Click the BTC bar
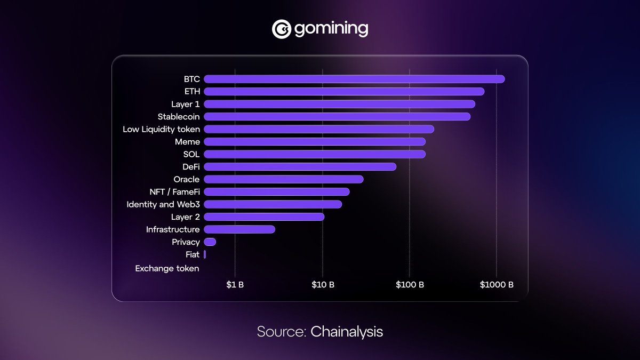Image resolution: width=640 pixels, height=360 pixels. click(x=354, y=79)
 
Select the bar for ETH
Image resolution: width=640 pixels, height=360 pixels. click(x=344, y=92)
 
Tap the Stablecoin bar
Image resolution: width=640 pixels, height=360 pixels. click(x=337, y=116)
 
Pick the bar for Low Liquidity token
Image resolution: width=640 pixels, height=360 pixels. click(x=319, y=129)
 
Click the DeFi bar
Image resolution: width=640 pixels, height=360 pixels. click(x=300, y=167)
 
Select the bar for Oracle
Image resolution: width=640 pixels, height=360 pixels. click(x=283, y=179)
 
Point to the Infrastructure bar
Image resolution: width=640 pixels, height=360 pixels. click(x=239, y=229)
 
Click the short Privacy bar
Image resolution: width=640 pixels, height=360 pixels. click(x=210, y=242)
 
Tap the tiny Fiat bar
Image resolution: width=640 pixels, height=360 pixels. click(x=205, y=254)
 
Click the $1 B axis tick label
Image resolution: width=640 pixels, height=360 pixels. click(x=235, y=285)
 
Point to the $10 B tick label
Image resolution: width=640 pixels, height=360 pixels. click(x=323, y=285)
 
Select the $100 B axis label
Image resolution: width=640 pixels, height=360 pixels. click(x=410, y=285)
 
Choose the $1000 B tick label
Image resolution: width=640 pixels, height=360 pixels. click(x=496, y=285)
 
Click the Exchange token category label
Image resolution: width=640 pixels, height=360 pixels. click(x=167, y=268)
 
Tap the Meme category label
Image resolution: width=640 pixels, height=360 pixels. click(x=187, y=142)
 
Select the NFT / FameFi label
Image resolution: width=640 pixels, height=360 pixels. click(x=174, y=192)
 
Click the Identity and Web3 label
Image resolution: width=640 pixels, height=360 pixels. click(x=163, y=204)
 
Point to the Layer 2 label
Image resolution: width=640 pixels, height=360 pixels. click(x=185, y=217)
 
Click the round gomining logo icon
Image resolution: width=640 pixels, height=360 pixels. click(x=281, y=29)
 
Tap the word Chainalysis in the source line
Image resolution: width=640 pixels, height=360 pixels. click(x=347, y=331)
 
